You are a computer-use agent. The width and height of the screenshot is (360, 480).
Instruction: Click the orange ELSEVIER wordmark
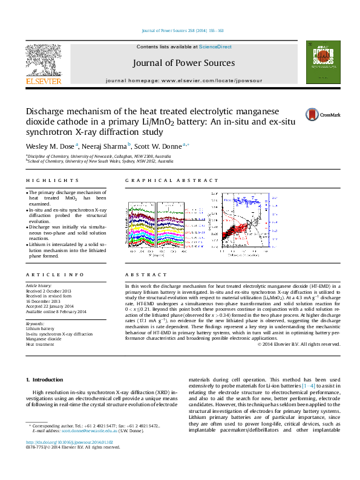(43, 80)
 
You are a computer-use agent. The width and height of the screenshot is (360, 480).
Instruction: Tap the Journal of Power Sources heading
(184, 63)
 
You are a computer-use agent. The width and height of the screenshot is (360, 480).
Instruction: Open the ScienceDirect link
(215, 47)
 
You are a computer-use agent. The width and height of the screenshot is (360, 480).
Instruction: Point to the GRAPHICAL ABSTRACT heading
(171, 181)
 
